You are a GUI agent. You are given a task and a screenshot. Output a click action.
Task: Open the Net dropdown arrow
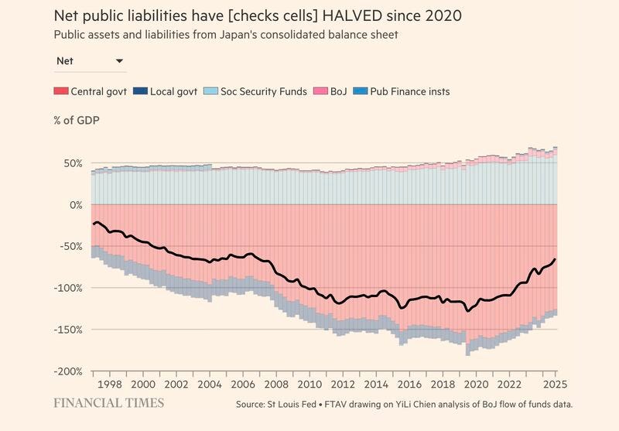point(119,60)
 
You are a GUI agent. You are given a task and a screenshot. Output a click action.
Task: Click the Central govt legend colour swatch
point(60,91)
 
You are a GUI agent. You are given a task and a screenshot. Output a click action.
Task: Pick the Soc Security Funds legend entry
point(256,91)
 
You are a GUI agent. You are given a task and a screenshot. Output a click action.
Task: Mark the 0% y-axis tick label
point(74,205)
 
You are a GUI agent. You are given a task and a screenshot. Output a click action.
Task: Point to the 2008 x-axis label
point(275,385)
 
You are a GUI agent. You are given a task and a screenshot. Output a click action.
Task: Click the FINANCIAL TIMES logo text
point(108,403)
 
